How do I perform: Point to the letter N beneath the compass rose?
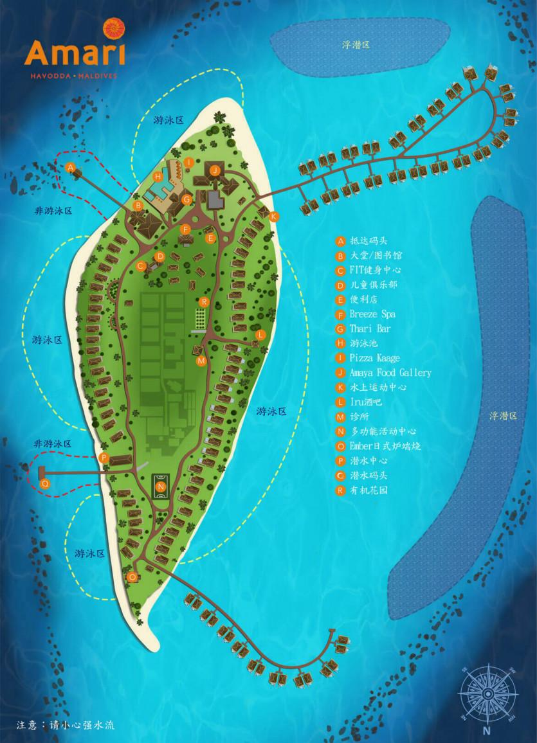coord(487,731)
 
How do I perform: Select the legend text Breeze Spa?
coord(372,314)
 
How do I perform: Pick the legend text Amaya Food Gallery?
coord(390,373)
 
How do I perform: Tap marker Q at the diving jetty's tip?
coord(44,483)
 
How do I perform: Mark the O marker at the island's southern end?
coord(132,577)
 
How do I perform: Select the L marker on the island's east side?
coord(260,335)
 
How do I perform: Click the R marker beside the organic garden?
coord(204,302)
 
